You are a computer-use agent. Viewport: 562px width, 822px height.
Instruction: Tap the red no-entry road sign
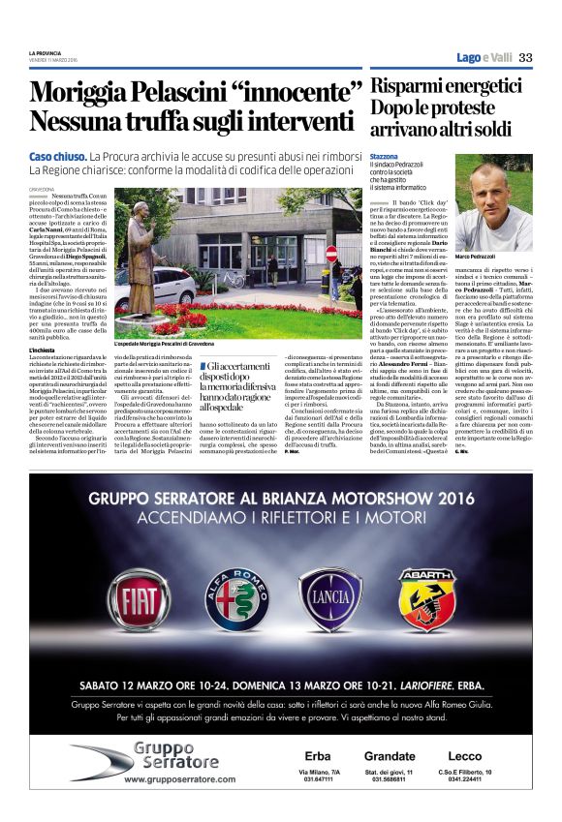pos(331,254)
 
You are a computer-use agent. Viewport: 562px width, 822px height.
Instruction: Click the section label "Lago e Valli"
pos(484,58)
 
